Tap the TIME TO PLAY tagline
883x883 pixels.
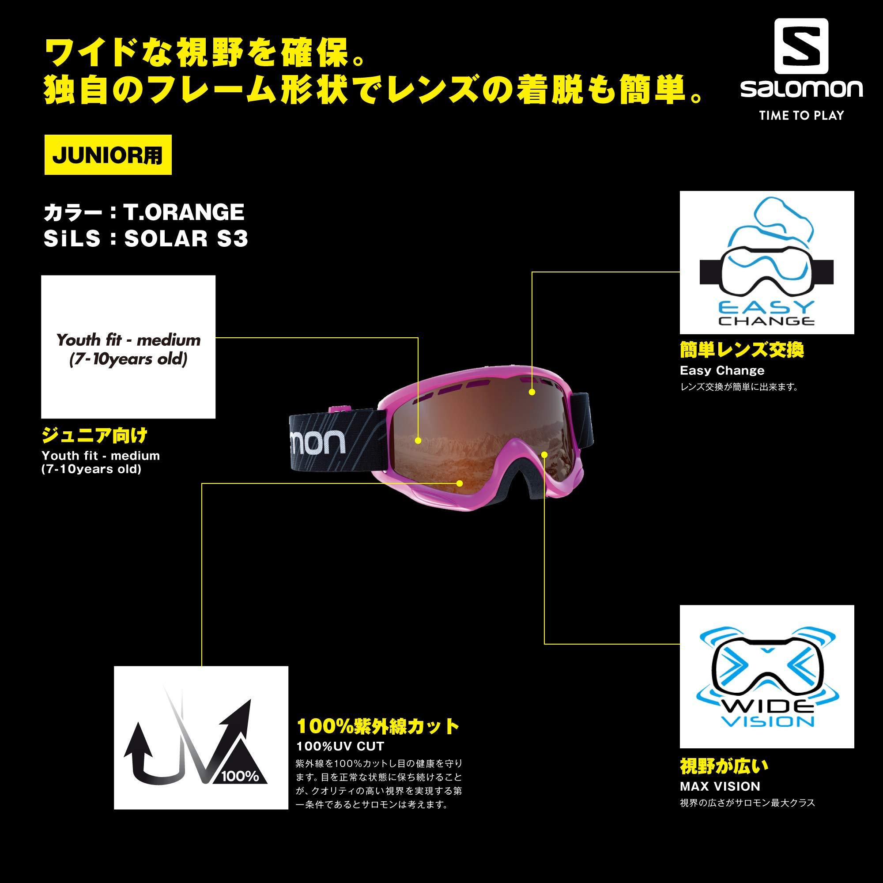click(801, 116)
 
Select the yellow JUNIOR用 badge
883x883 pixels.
click(108, 155)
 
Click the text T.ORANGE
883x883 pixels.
click(184, 212)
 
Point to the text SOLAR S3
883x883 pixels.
click(186, 238)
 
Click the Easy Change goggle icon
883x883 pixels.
click(767, 262)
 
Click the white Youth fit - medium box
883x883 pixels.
click(128, 347)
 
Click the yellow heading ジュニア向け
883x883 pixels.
click(94, 436)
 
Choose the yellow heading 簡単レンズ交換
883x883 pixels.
click(742, 350)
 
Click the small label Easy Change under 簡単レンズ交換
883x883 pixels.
click(722, 371)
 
